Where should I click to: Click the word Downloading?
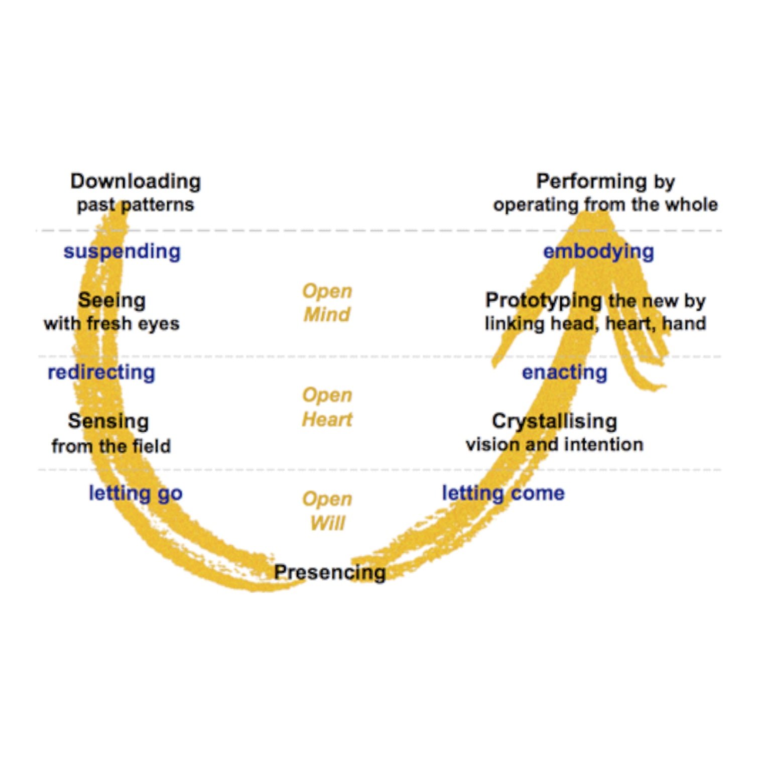[x=136, y=182]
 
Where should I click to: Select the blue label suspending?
[x=122, y=251]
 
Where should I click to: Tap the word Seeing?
[x=112, y=300]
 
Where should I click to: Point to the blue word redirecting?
[x=101, y=372]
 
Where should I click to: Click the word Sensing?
[x=108, y=421]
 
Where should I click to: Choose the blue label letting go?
[x=136, y=493]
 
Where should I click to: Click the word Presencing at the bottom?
[x=330, y=572]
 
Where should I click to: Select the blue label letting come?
[x=503, y=493]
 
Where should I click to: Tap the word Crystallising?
[x=554, y=421]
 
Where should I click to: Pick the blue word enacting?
[x=565, y=372]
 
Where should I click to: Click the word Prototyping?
[x=543, y=300]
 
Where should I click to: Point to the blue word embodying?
[x=598, y=251]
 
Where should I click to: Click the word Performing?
[x=591, y=181]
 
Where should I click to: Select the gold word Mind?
[x=327, y=315]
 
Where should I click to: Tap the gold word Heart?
[x=327, y=419]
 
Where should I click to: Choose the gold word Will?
[x=327, y=523]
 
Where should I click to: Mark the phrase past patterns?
[x=135, y=205]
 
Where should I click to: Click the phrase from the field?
[x=111, y=446]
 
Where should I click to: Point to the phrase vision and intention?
[x=554, y=445]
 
